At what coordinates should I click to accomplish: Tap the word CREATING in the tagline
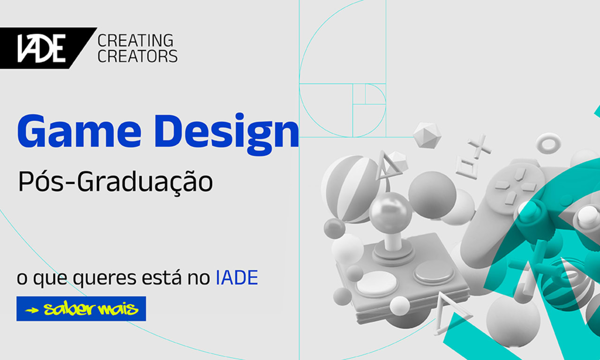pyautogui.click(x=135, y=41)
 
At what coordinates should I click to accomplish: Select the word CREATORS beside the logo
pyautogui.click(x=137, y=56)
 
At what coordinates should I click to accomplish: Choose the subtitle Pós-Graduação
pyautogui.click(x=115, y=182)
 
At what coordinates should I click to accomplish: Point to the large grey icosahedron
pyautogui.click(x=427, y=135)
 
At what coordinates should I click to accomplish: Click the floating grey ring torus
pyautogui.click(x=548, y=142)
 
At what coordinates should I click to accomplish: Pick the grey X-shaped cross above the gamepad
pyautogui.click(x=479, y=147)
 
